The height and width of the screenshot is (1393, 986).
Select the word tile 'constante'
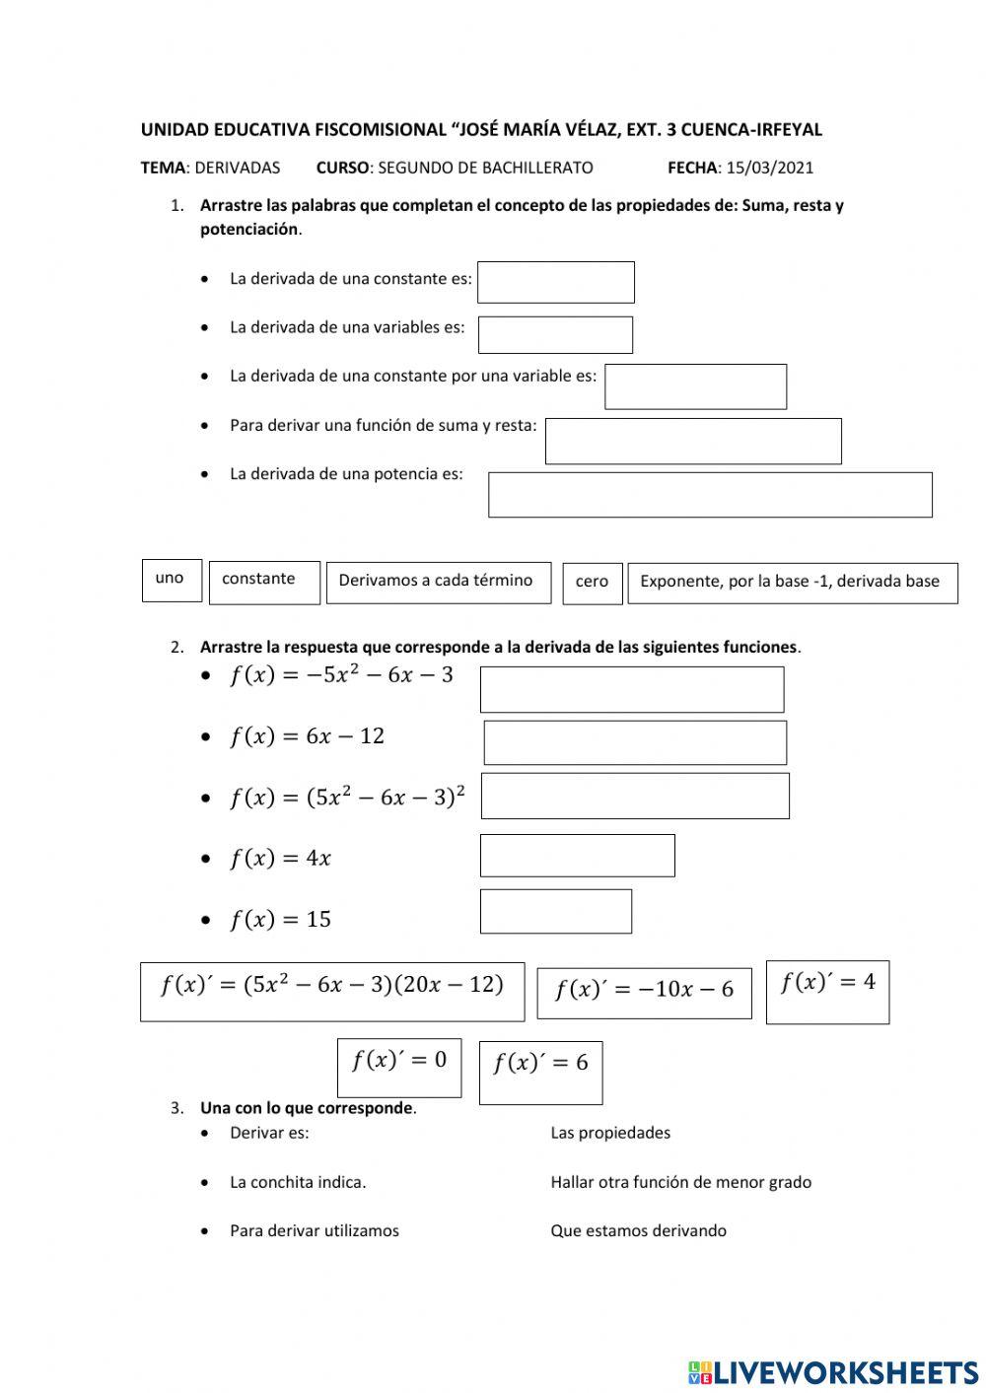(x=264, y=582)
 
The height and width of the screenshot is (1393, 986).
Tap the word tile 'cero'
(x=593, y=583)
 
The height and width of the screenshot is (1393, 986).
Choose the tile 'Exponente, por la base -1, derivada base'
(x=792, y=583)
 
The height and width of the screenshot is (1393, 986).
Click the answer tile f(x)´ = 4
(x=827, y=992)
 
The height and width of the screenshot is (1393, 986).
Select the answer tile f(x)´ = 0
(x=399, y=1067)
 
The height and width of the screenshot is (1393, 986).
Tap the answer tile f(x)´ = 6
(x=540, y=1072)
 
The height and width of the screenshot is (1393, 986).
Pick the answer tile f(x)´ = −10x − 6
(x=644, y=993)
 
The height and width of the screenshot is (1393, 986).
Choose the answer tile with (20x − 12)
(x=332, y=992)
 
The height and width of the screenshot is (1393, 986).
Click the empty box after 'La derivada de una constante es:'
(x=555, y=282)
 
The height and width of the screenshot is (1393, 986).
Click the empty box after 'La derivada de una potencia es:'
(x=710, y=495)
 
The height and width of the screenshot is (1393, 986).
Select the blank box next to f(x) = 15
(x=555, y=912)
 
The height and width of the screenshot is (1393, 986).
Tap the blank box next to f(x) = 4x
(x=577, y=856)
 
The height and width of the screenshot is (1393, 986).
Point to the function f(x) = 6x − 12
(x=307, y=736)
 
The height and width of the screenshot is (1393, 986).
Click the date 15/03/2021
(x=769, y=168)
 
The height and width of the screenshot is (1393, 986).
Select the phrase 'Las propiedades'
(x=610, y=1133)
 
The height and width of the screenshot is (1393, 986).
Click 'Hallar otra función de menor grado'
(x=680, y=1182)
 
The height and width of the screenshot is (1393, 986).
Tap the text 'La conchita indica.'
(x=298, y=1182)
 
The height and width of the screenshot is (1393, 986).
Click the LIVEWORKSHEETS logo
(x=833, y=1371)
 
